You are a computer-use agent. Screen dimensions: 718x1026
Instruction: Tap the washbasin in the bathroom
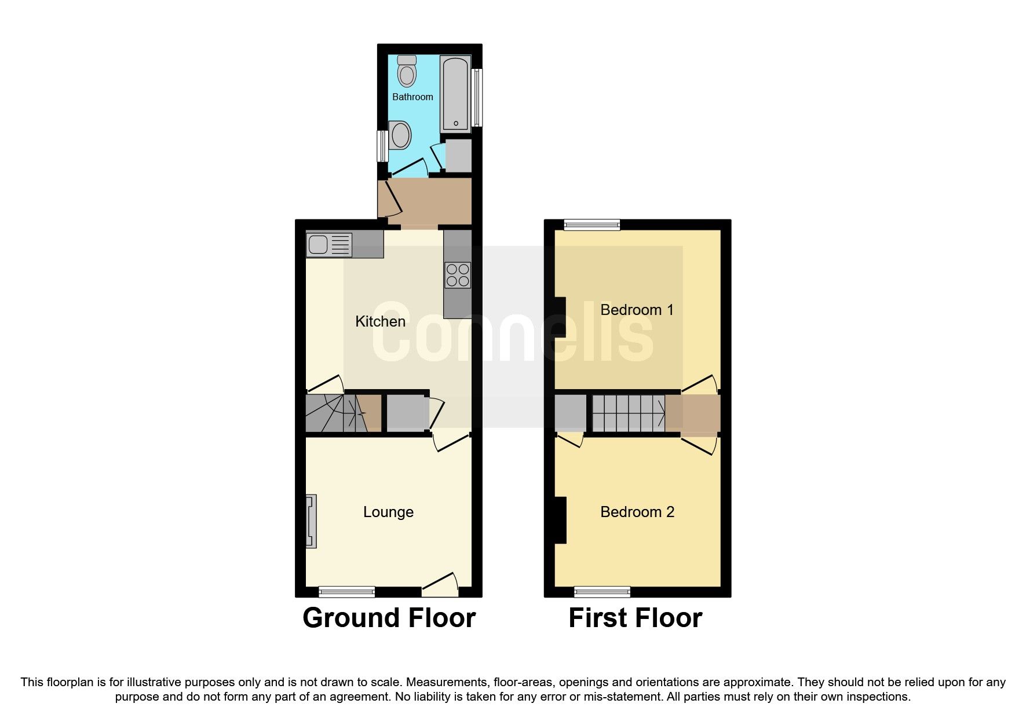(x=400, y=135)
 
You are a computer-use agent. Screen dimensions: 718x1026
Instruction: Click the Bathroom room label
(x=412, y=97)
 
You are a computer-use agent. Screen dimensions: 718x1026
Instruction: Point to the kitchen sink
(x=328, y=244)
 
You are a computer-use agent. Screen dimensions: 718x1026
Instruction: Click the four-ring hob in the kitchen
(x=457, y=275)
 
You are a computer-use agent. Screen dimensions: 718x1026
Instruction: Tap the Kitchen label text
(x=380, y=321)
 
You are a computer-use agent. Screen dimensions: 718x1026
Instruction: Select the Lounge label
(x=388, y=512)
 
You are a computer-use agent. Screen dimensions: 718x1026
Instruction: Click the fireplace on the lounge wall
(x=311, y=521)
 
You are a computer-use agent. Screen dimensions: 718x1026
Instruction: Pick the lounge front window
(x=347, y=591)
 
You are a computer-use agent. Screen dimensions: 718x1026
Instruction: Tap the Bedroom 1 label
(x=637, y=310)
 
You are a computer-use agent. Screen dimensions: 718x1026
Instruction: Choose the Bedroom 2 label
(x=637, y=512)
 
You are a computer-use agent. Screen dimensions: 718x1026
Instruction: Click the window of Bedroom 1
(x=592, y=225)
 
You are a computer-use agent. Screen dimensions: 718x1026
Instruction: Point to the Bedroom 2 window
(x=602, y=591)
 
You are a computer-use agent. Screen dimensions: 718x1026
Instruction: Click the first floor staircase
(x=628, y=413)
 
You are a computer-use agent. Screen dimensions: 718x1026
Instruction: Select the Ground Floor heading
(x=389, y=618)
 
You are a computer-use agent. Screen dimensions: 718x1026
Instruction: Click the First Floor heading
(x=635, y=618)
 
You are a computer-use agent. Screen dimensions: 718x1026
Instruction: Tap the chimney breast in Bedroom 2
(x=560, y=520)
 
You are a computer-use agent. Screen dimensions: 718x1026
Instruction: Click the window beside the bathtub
(x=477, y=97)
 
